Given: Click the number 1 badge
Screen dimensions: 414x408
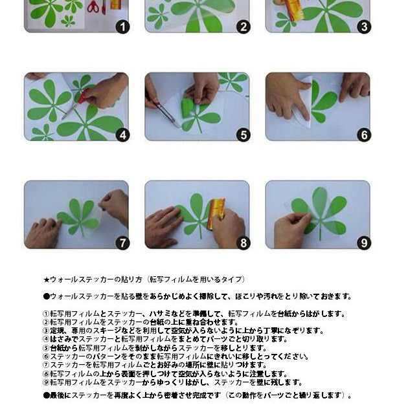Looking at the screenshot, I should click(122, 27).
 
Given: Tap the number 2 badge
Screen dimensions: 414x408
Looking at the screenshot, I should click(244, 27).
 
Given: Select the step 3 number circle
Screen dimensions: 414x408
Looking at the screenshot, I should click(364, 27).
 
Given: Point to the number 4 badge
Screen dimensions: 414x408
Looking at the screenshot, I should click(122, 135).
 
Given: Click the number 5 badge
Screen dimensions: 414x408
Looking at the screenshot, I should click(244, 135).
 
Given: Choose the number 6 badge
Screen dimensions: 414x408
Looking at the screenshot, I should click(364, 135).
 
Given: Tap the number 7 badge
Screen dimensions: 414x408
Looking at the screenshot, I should click(122, 243).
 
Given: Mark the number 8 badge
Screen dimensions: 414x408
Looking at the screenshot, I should click(244, 243).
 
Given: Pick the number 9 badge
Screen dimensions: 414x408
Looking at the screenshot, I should click(364, 243).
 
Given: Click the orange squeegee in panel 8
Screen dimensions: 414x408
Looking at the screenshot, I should click(216, 213).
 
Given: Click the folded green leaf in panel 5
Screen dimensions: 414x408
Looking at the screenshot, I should click(187, 106).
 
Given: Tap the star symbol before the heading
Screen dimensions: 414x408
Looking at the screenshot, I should click(46, 279).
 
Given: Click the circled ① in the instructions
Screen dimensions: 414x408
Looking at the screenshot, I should click(46, 314).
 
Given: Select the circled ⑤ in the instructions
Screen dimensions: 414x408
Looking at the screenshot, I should click(46, 347).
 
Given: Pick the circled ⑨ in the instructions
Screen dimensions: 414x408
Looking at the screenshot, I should click(46, 382).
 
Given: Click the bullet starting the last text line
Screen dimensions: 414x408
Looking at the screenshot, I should click(46, 395).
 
